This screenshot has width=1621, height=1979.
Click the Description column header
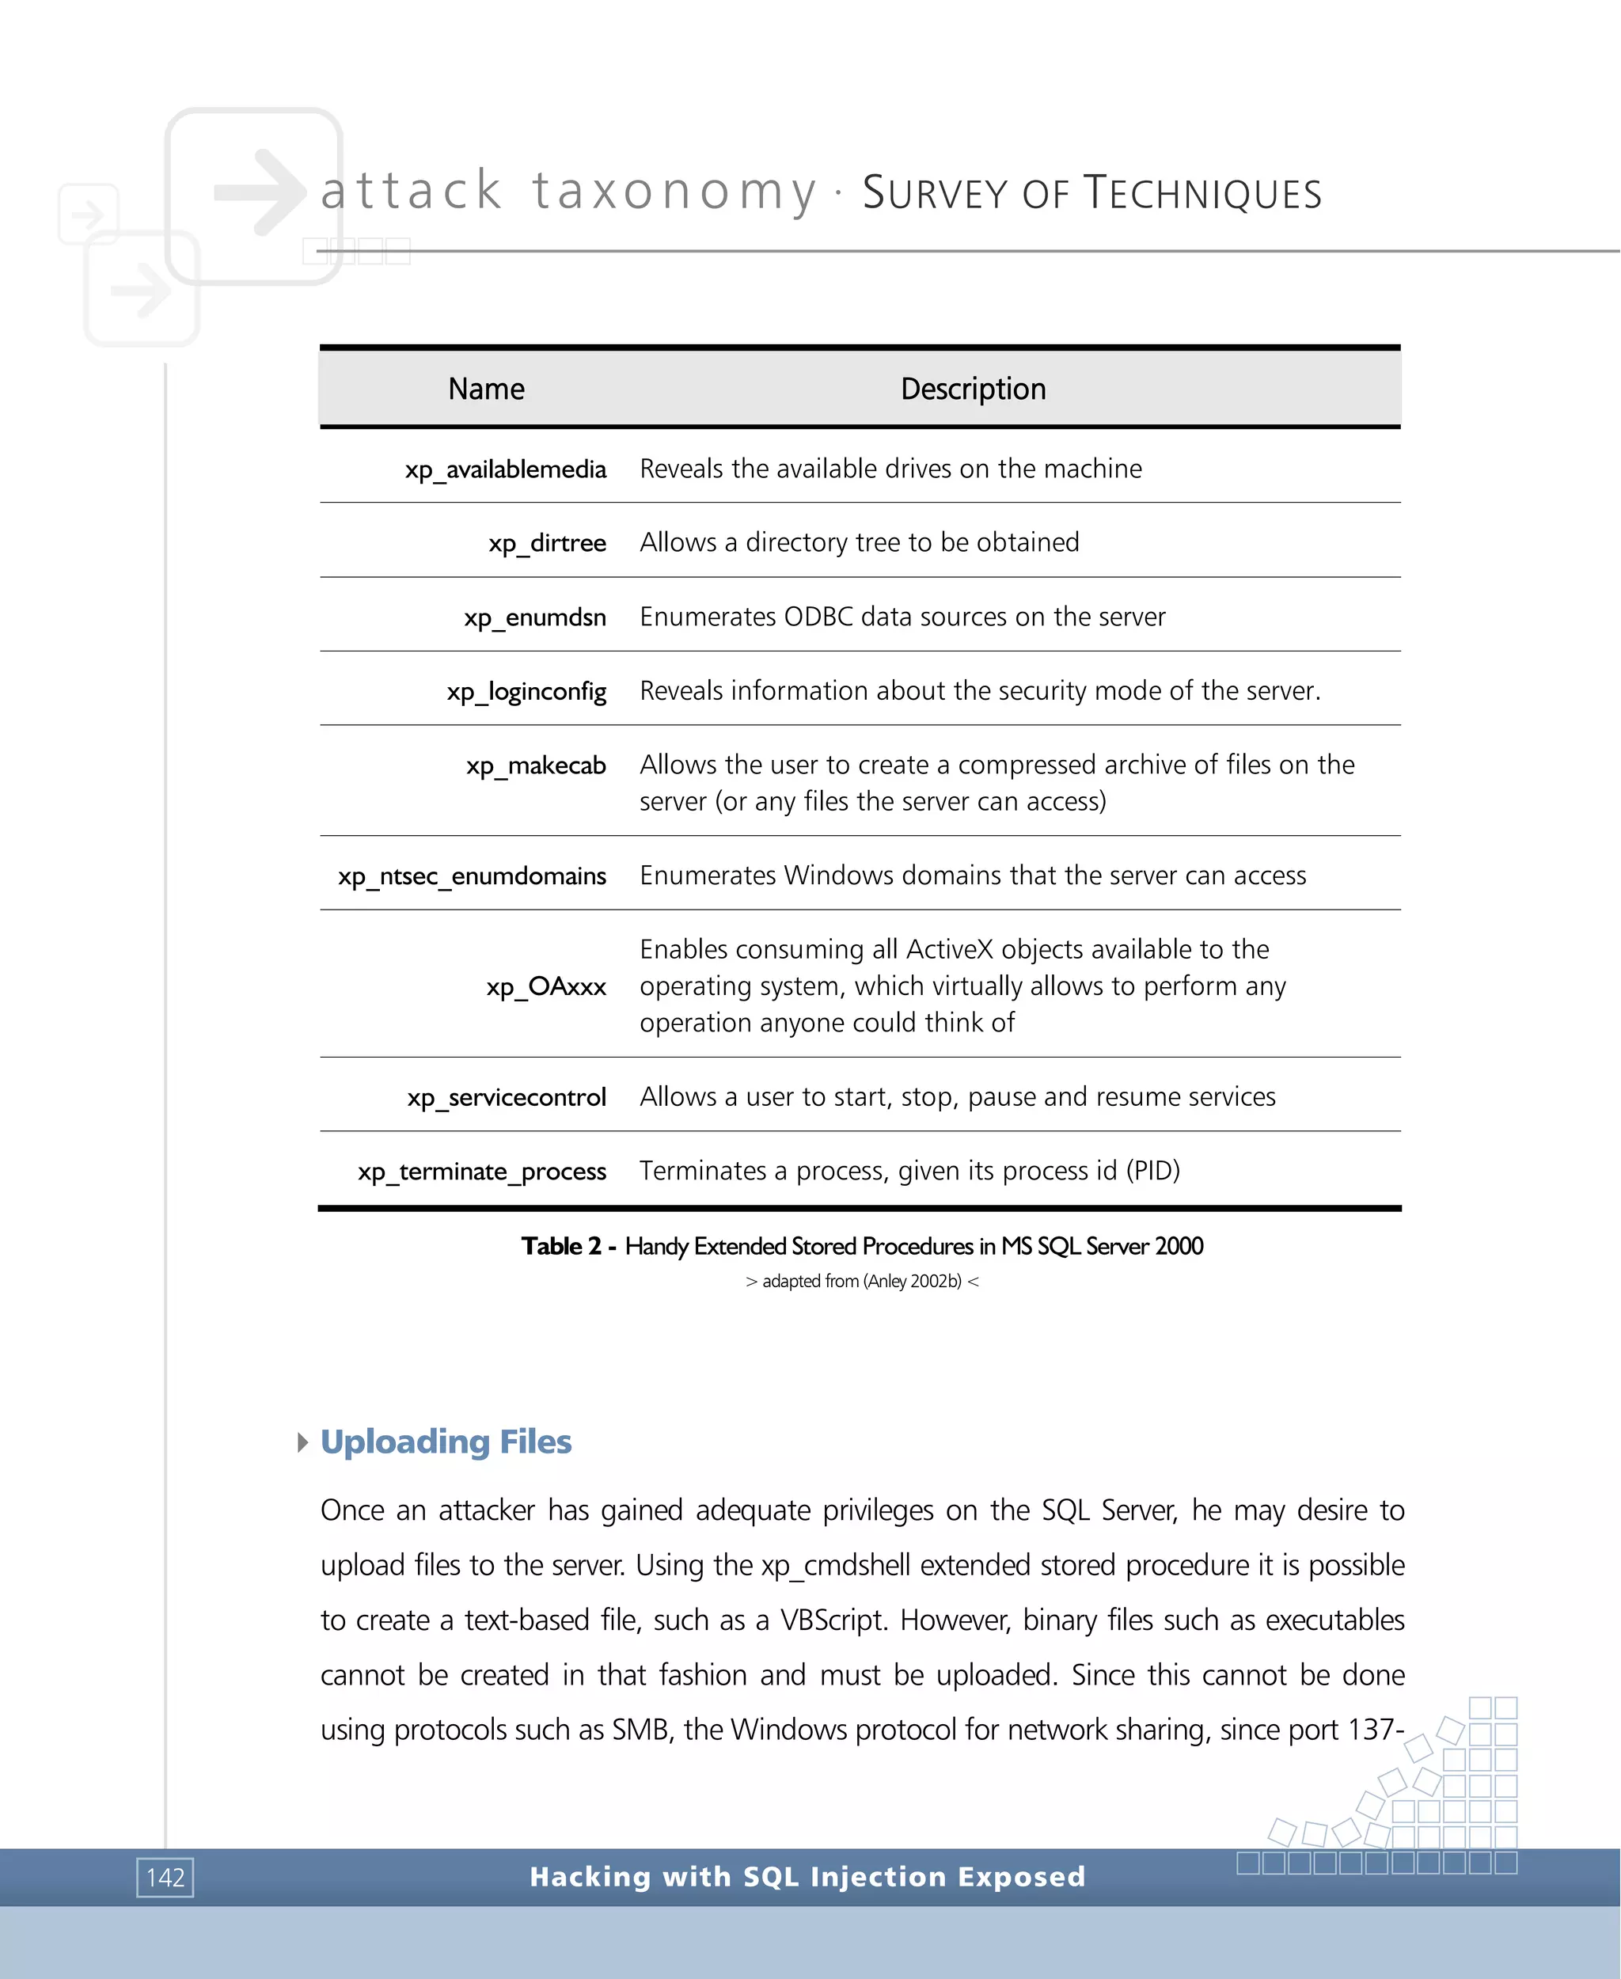click(972, 389)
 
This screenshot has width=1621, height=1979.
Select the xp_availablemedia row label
click(505, 469)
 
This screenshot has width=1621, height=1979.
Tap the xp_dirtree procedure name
click(546, 542)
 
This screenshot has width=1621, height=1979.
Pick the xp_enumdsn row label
click(534, 617)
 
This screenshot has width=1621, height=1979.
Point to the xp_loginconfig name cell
click(526, 691)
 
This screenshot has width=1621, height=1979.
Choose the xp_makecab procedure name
click(535, 765)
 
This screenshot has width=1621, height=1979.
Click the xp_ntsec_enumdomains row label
click(472, 876)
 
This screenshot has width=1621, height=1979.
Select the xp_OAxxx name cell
click(545, 986)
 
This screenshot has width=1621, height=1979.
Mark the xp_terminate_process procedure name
click(482, 1171)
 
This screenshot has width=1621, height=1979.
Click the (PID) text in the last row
click(1152, 1171)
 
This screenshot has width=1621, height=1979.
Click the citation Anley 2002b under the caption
click(911, 1282)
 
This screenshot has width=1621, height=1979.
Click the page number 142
click(165, 1877)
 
